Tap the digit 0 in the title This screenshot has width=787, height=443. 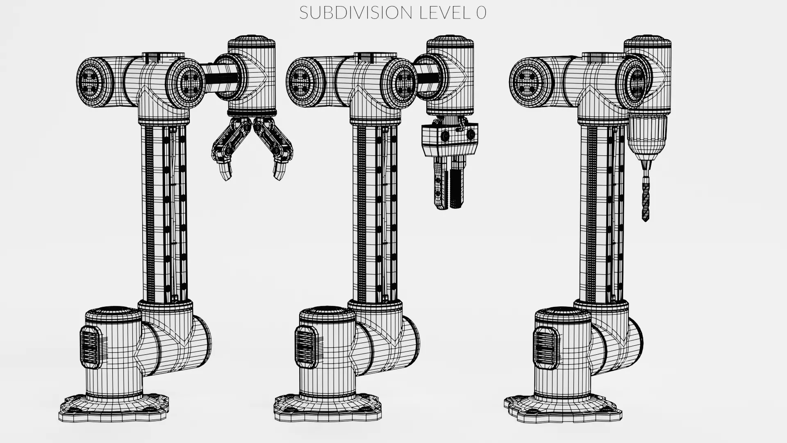481,13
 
